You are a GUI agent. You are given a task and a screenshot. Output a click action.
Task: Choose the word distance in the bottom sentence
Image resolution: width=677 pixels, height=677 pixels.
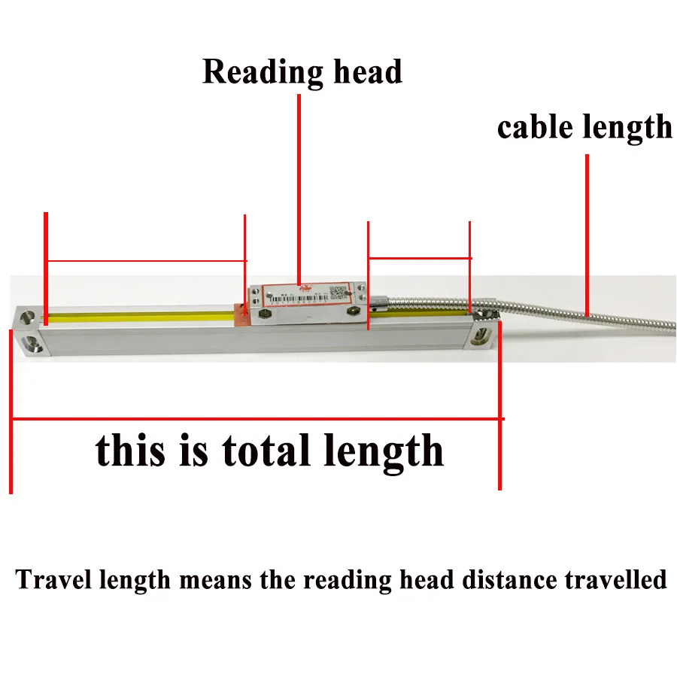click(511, 581)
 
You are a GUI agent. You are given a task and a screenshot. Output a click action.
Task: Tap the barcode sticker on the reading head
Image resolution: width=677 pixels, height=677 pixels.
click(308, 297)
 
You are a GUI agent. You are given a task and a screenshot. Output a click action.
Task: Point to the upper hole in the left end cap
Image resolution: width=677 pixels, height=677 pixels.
click(28, 317)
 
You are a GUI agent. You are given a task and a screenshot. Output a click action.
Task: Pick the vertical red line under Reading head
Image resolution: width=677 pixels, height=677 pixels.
click(299, 188)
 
